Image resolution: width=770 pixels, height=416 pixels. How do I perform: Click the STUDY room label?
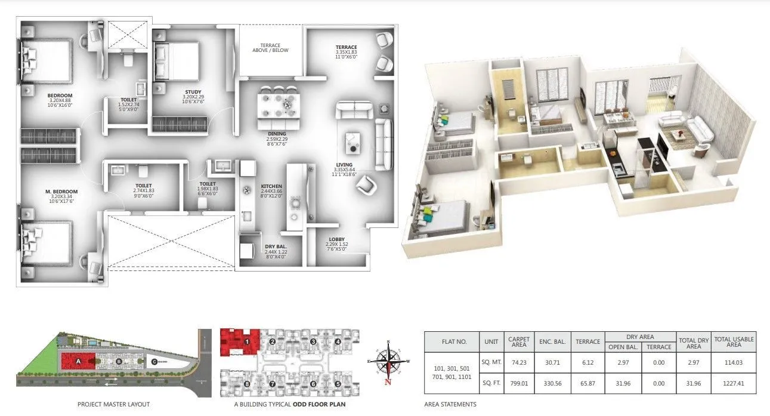click(x=193, y=91)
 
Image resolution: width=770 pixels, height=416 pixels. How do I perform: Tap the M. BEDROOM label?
click(x=61, y=192)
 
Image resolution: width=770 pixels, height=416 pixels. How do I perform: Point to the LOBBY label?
click(x=336, y=239)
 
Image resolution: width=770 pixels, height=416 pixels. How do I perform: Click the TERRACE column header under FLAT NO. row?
click(x=587, y=342)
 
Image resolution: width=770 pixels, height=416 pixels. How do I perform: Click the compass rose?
click(x=389, y=362)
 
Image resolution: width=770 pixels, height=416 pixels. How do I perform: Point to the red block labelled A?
click(x=78, y=360)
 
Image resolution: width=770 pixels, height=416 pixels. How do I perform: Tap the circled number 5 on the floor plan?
click(x=338, y=384)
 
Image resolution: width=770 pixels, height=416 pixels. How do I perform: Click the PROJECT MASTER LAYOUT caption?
click(x=113, y=405)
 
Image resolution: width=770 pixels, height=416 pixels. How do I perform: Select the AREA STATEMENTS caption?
click(x=450, y=405)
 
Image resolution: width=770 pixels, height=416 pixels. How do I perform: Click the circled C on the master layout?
click(x=154, y=361)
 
